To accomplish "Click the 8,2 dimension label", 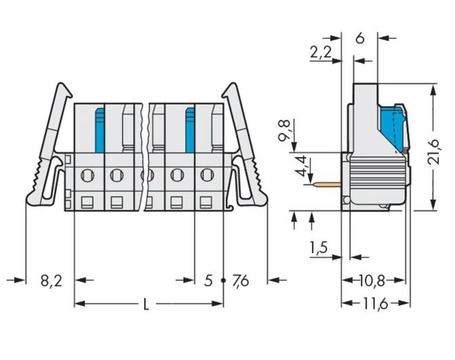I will (51, 281).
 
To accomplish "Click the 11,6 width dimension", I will (375, 304).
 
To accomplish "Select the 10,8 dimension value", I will (372, 281).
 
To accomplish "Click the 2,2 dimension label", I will (320, 53).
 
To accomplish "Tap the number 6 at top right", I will (359, 39).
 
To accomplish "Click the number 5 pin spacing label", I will (208, 281).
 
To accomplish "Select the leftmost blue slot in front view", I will (100, 130).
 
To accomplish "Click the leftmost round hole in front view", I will (87, 174).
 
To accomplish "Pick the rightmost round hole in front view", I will (207, 174).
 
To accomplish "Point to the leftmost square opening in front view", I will (86, 201).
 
